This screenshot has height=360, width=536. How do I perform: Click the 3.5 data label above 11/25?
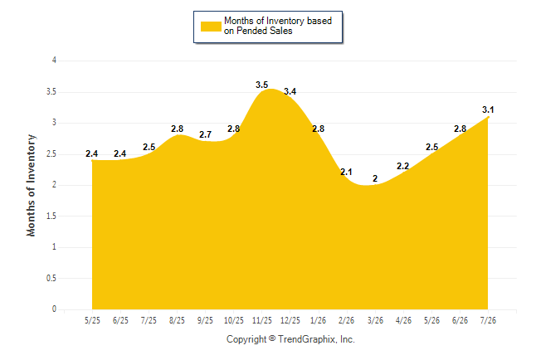262,85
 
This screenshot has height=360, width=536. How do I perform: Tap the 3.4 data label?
290,91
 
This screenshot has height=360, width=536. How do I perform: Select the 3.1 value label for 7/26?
488,109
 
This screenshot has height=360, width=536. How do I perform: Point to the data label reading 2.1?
346,172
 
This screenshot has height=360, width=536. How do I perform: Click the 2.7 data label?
205,134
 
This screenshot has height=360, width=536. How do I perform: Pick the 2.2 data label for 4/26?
402,166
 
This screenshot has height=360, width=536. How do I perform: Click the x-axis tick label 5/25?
92,320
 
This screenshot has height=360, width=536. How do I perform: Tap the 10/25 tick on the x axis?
233,320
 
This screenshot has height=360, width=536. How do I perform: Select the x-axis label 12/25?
290,320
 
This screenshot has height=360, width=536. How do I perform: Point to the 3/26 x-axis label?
375,320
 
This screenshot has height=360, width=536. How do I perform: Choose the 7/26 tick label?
488,320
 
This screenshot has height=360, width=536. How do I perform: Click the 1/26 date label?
318,320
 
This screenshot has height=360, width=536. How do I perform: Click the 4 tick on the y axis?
54,61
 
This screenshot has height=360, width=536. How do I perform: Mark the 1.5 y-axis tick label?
51,216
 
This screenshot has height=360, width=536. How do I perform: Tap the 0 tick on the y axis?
54,309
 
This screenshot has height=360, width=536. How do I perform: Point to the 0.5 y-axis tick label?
51,278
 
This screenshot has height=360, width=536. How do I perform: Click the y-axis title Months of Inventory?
31,185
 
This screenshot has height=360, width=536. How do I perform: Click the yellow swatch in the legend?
211,27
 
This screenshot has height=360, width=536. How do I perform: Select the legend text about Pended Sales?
278,26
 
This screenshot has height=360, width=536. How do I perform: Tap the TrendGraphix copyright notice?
290,339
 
